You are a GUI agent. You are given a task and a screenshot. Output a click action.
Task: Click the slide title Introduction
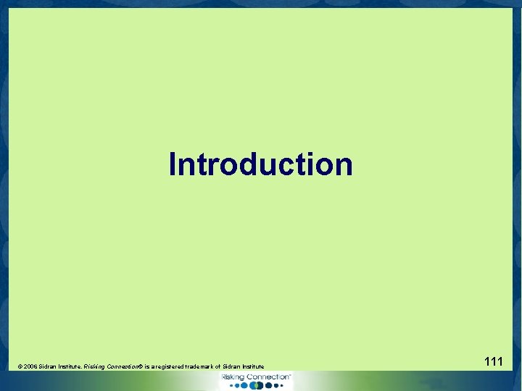tap(260, 164)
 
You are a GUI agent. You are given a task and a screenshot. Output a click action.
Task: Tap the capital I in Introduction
tap(173, 164)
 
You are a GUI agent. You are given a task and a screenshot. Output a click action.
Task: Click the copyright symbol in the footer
tap(20, 368)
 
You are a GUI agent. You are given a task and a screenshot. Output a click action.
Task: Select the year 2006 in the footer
tap(30, 368)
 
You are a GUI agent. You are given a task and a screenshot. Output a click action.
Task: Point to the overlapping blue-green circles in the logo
tap(254, 386)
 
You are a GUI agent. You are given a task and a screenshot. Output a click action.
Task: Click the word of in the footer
tap(220, 368)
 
